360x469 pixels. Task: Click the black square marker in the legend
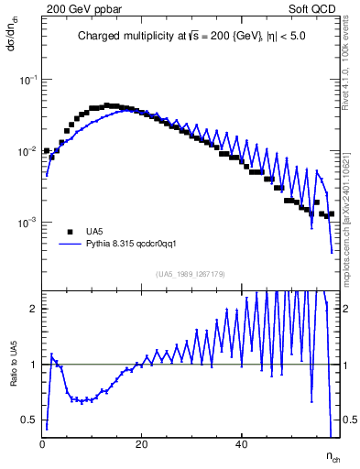(70, 232)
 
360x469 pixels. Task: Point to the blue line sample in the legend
(70, 245)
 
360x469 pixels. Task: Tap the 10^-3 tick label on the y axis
(27, 223)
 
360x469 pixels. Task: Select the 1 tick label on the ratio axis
(34, 365)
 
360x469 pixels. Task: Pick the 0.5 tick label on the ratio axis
(30, 420)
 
